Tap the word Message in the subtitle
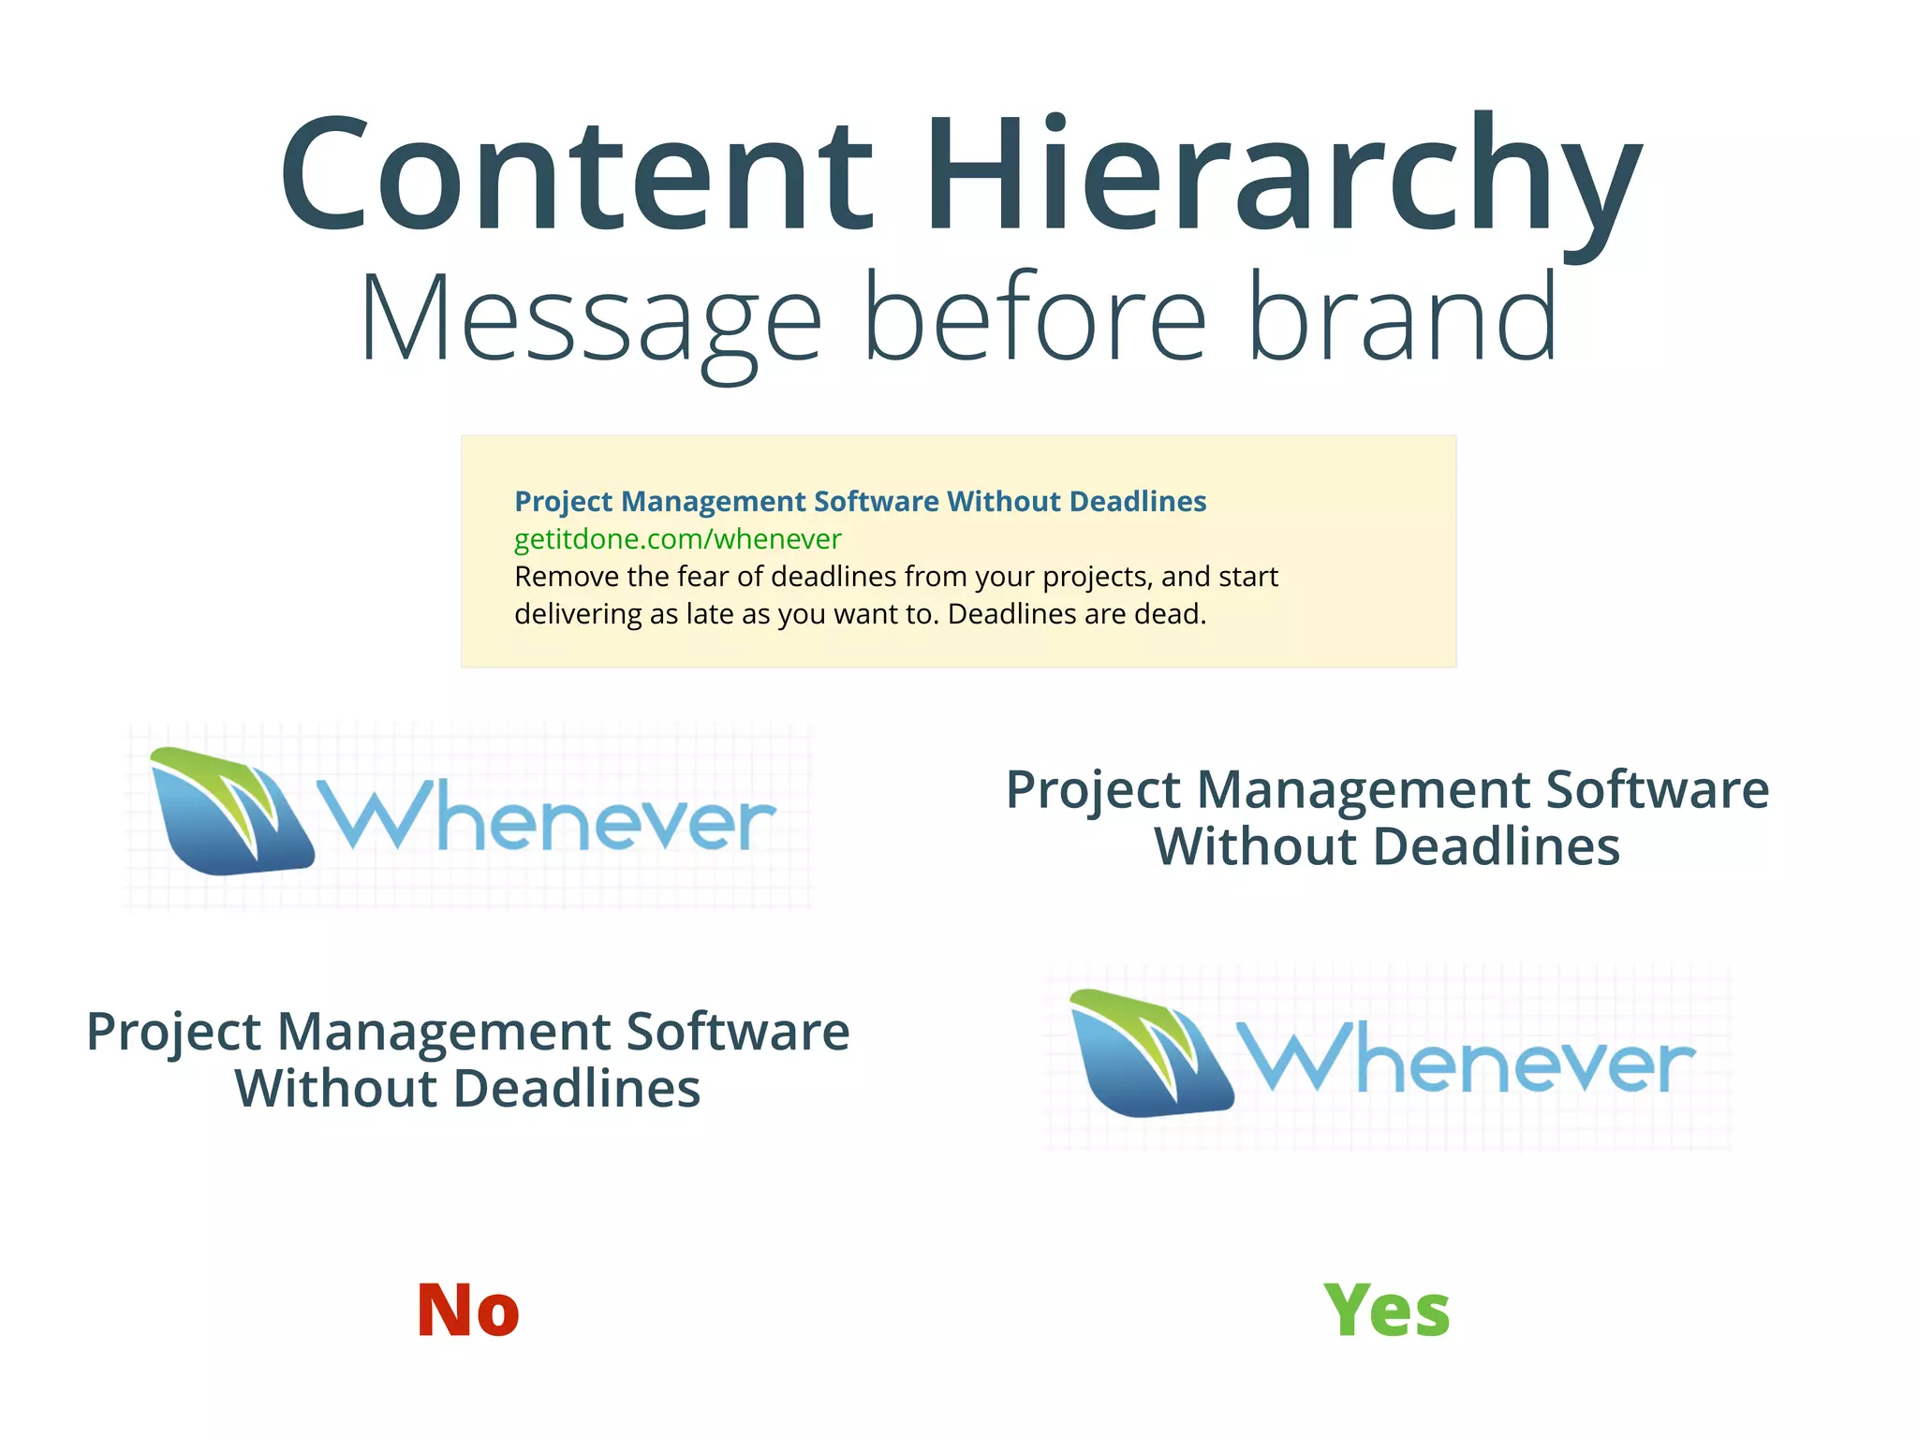590,318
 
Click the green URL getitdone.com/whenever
677,539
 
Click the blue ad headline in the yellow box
860,502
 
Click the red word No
467,1310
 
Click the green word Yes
1387,1310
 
